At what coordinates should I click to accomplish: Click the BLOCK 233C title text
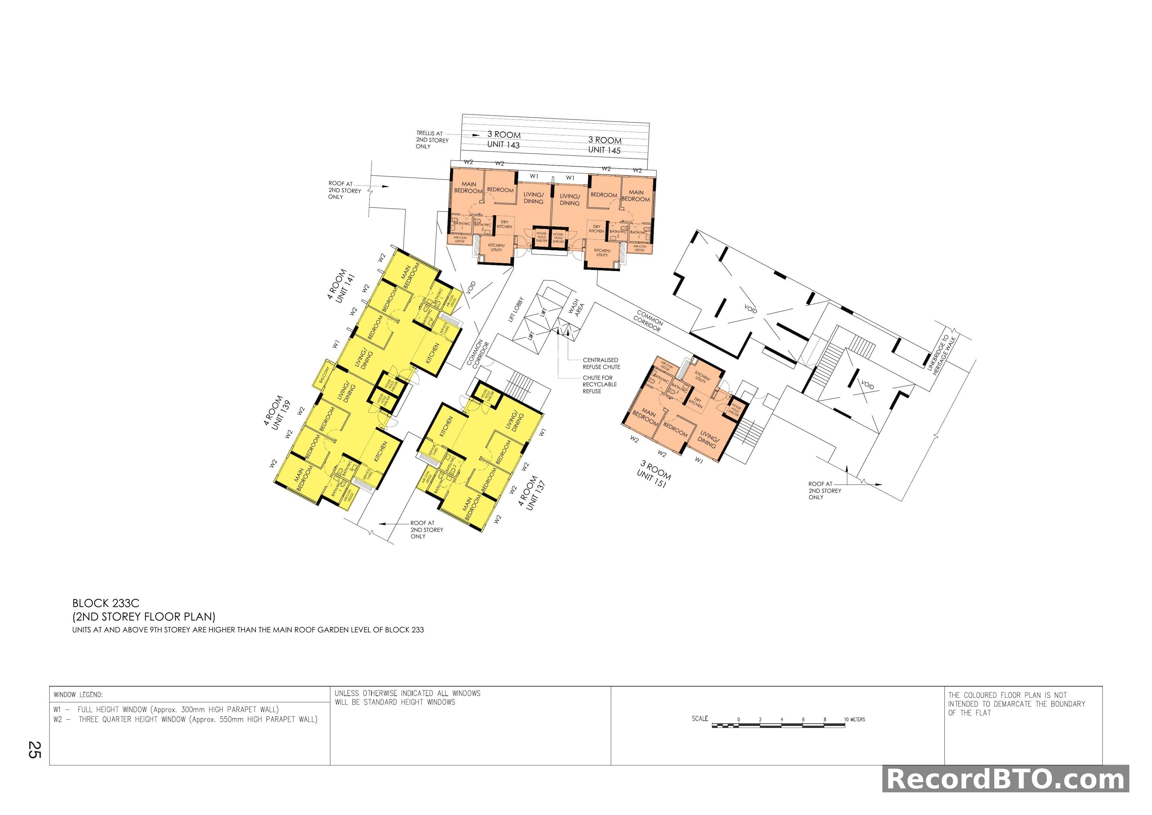click(x=106, y=603)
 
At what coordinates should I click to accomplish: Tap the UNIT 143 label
click(x=503, y=145)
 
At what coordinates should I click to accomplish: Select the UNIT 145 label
click(x=604, y=150)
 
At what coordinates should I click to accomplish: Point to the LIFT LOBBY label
click(x=516, y=309)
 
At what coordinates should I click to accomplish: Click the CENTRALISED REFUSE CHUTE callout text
click(x=601, y=363)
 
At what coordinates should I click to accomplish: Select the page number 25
click(x=34, y=750)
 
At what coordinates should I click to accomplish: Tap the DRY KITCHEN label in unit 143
click(x=504, y=224)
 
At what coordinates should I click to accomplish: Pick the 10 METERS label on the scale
click(x=854, y=720)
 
